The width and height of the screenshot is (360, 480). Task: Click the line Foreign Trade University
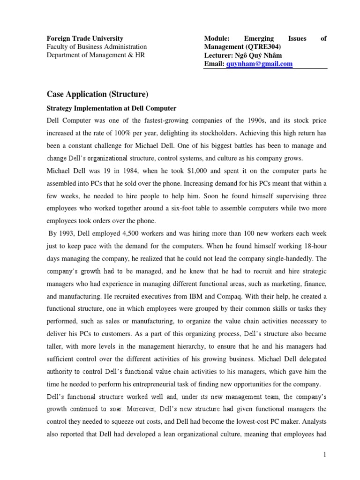(85, 38)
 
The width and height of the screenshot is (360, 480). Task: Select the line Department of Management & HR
(96, 55)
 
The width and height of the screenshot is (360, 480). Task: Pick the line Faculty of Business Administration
(97, 47)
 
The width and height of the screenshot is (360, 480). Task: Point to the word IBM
(196, 296)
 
